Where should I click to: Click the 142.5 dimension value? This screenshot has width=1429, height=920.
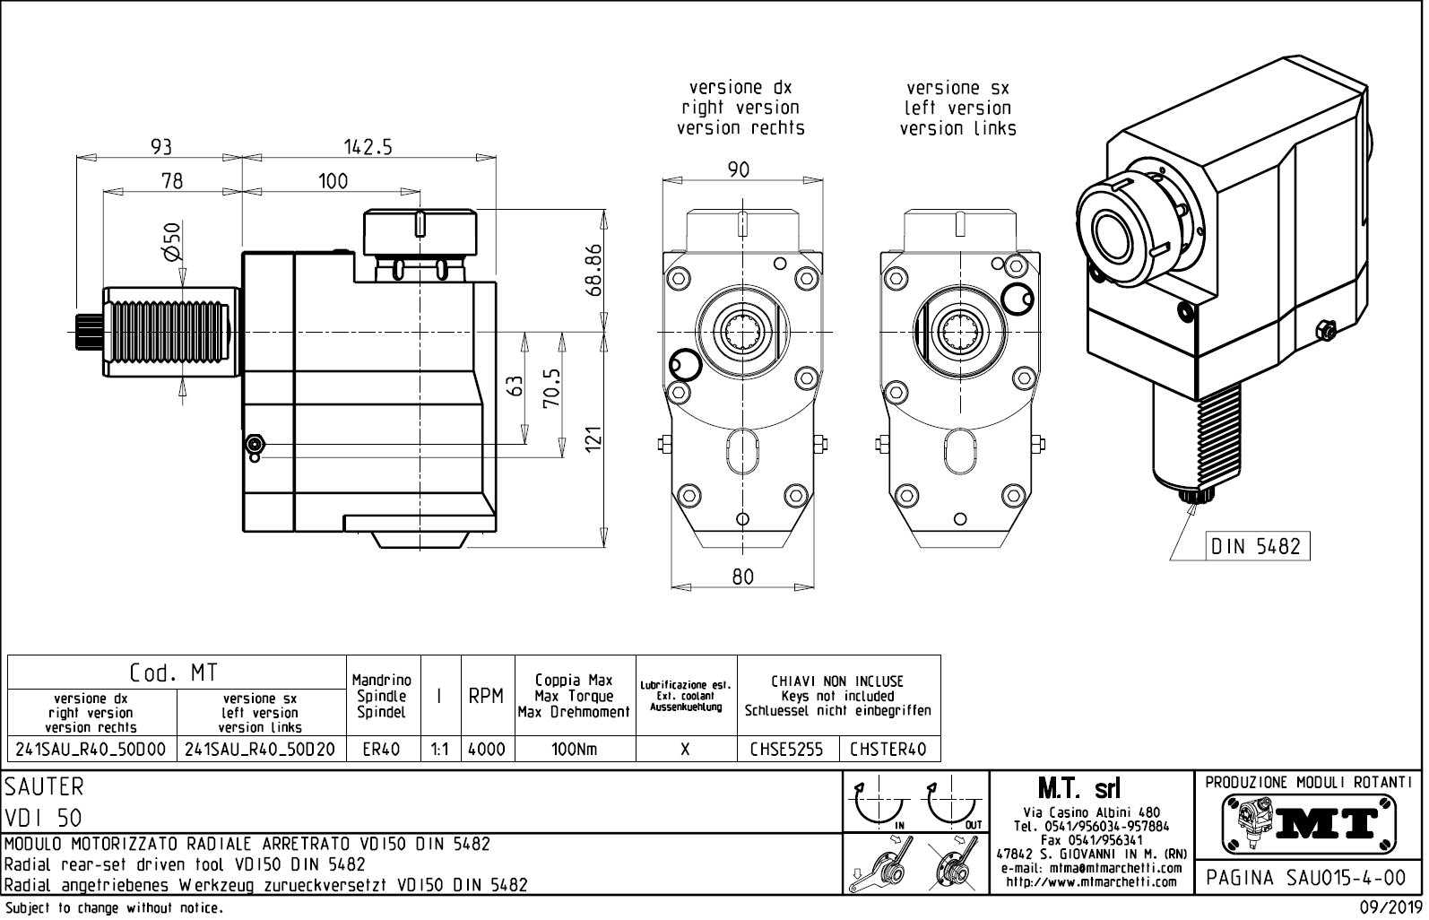click(x=368, y=146)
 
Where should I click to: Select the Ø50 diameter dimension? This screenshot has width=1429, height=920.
click(x=171, y=241)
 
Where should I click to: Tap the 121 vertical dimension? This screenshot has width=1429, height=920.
click(x=593, y=439)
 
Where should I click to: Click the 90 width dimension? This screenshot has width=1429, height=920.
click(x=738, y=169)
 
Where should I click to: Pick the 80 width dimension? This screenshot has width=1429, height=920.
click(x=742, y=577)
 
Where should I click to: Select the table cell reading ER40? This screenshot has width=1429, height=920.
click(x=382, y=749)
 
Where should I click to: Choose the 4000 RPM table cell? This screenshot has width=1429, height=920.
click(x=487, y=749)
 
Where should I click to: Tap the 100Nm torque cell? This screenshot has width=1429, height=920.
click(x=574, y=749)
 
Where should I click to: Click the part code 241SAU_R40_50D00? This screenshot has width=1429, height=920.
click(x=91, y=749)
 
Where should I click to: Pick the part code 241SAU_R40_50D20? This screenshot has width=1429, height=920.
click(x=260, y=749)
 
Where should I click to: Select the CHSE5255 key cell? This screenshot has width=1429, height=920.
click(x=786, y=749)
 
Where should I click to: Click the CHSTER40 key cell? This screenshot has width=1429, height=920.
click(x=888, y=749)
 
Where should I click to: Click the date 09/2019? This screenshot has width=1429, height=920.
click(x=1390, y=907)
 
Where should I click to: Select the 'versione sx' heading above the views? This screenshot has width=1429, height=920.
click(x=957, y=88)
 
